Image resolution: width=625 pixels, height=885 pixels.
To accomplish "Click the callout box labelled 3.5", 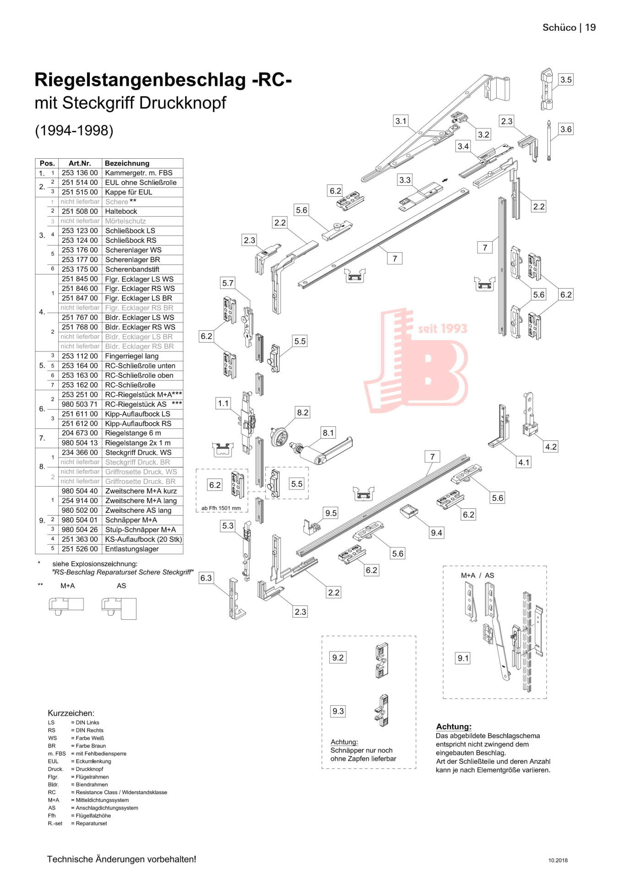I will [566, 80].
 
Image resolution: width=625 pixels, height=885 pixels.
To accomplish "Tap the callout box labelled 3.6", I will [566, 129].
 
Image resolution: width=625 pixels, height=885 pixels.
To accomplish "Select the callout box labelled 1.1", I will [223, 403].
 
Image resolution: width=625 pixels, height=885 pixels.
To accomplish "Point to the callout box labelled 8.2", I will [303, 412].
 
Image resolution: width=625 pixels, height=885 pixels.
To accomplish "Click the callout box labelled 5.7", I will [228, 283].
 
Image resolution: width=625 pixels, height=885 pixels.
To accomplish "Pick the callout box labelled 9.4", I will [436, 533].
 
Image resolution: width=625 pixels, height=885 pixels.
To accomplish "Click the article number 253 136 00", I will [80, 173].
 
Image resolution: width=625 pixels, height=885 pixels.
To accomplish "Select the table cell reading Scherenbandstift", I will [132, 269].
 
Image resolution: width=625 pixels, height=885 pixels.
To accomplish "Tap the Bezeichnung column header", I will [127, 163].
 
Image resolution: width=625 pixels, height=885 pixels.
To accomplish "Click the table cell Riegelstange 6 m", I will [133, 433].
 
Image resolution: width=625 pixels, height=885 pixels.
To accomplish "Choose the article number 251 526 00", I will [80, 549].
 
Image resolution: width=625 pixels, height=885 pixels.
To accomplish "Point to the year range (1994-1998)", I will [74, 130].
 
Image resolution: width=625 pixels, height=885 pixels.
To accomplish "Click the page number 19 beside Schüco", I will [591, 28].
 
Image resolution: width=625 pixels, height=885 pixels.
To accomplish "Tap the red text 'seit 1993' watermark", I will [442, 328].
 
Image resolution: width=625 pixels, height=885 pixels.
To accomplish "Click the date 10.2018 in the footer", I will [558, 860].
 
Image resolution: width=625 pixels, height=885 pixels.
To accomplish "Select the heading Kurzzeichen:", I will [71, 713].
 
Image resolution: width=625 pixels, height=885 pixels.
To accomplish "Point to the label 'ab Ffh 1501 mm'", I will [221, 508].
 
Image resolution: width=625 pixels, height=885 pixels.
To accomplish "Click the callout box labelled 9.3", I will [338, 711].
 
